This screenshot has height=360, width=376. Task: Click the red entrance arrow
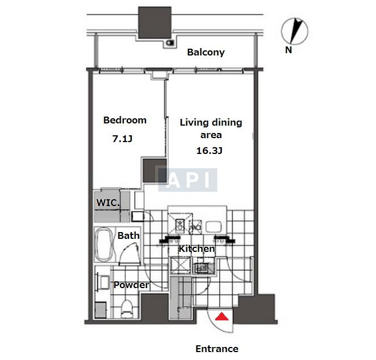[222, 316]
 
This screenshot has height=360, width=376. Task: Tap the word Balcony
[206, 52]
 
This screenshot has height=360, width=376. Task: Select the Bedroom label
[125, 120]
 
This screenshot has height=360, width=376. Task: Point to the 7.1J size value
[122, 139]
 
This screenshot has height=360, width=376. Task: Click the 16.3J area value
[210, 151]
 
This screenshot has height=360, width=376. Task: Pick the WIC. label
[108, 203]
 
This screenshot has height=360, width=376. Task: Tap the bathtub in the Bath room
[104, 244]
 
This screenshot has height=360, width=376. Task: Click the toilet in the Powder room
[126, 308]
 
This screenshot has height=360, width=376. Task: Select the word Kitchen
[196, 248]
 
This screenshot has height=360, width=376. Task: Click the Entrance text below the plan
[217, 349]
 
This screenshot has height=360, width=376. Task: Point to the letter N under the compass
[288, 50]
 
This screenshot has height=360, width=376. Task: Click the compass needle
[296, 31]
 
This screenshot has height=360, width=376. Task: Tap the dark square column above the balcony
[155, 22]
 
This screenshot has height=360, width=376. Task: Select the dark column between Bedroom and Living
[155, 170]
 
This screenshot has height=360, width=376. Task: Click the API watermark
[187, 180]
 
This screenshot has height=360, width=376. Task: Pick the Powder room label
[131, 285]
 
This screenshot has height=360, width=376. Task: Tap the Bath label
[129, 235]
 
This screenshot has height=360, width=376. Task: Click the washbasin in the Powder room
[105, 282]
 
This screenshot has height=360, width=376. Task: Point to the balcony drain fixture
[169, 43]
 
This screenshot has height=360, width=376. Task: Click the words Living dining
[211, 122]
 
